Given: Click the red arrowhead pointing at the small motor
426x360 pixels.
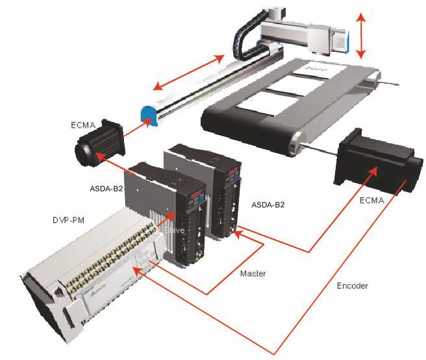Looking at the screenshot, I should pyautogui.click(x=100, y=156).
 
